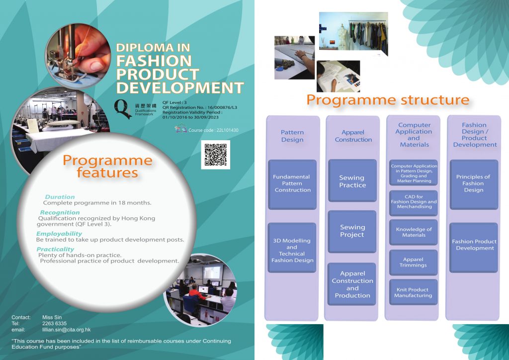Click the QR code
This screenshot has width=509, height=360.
coord(216,155)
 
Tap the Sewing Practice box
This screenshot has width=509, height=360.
coord(352,180)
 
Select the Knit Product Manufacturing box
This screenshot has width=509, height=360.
coord(413,292)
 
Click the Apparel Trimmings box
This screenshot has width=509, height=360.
coord(413,262)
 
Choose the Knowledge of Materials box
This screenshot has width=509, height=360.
coord(413,232)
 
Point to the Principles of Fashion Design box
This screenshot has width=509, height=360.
coord(474,184)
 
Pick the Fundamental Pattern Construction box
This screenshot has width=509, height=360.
coord(292,184)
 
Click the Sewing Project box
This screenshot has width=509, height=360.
coord(352,231)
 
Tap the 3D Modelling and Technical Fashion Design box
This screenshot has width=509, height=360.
coord(292,247)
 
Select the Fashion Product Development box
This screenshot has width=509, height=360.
coord(474,247)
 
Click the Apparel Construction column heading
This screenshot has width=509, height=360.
coord(353,136)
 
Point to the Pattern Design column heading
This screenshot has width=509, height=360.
coord(292,136)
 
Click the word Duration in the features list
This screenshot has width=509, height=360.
coord(60,197)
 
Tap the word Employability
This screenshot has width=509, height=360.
coord(59,234)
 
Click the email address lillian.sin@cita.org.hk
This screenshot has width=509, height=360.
coord(67,330)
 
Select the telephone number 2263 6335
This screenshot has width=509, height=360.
coord(54,323)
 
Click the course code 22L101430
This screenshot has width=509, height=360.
coord(227,130)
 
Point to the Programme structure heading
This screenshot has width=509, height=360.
coord(388,99)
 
